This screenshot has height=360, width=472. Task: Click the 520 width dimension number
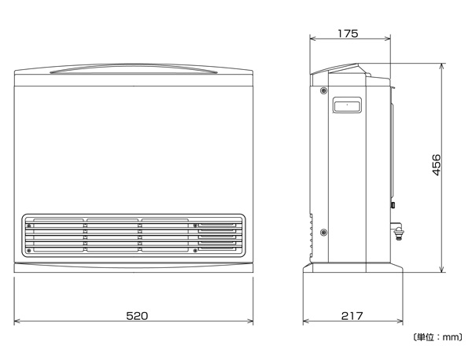coord(137,315)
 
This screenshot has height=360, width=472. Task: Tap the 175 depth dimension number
coord(348,33)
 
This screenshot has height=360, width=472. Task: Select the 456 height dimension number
coord(436,165)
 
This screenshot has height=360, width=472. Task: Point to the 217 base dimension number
coord(352,315)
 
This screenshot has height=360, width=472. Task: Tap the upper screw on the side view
coord(323,90)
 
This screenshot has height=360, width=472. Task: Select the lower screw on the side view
coord(323,232)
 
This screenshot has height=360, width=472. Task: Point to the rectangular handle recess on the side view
coord(347,105)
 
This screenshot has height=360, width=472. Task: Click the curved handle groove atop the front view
coord(134,68)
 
